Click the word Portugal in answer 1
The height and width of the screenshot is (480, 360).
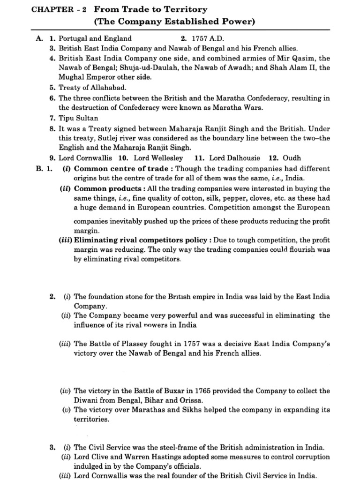(x=74, y=38)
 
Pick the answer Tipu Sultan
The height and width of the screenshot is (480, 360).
(x=79, y=118)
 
